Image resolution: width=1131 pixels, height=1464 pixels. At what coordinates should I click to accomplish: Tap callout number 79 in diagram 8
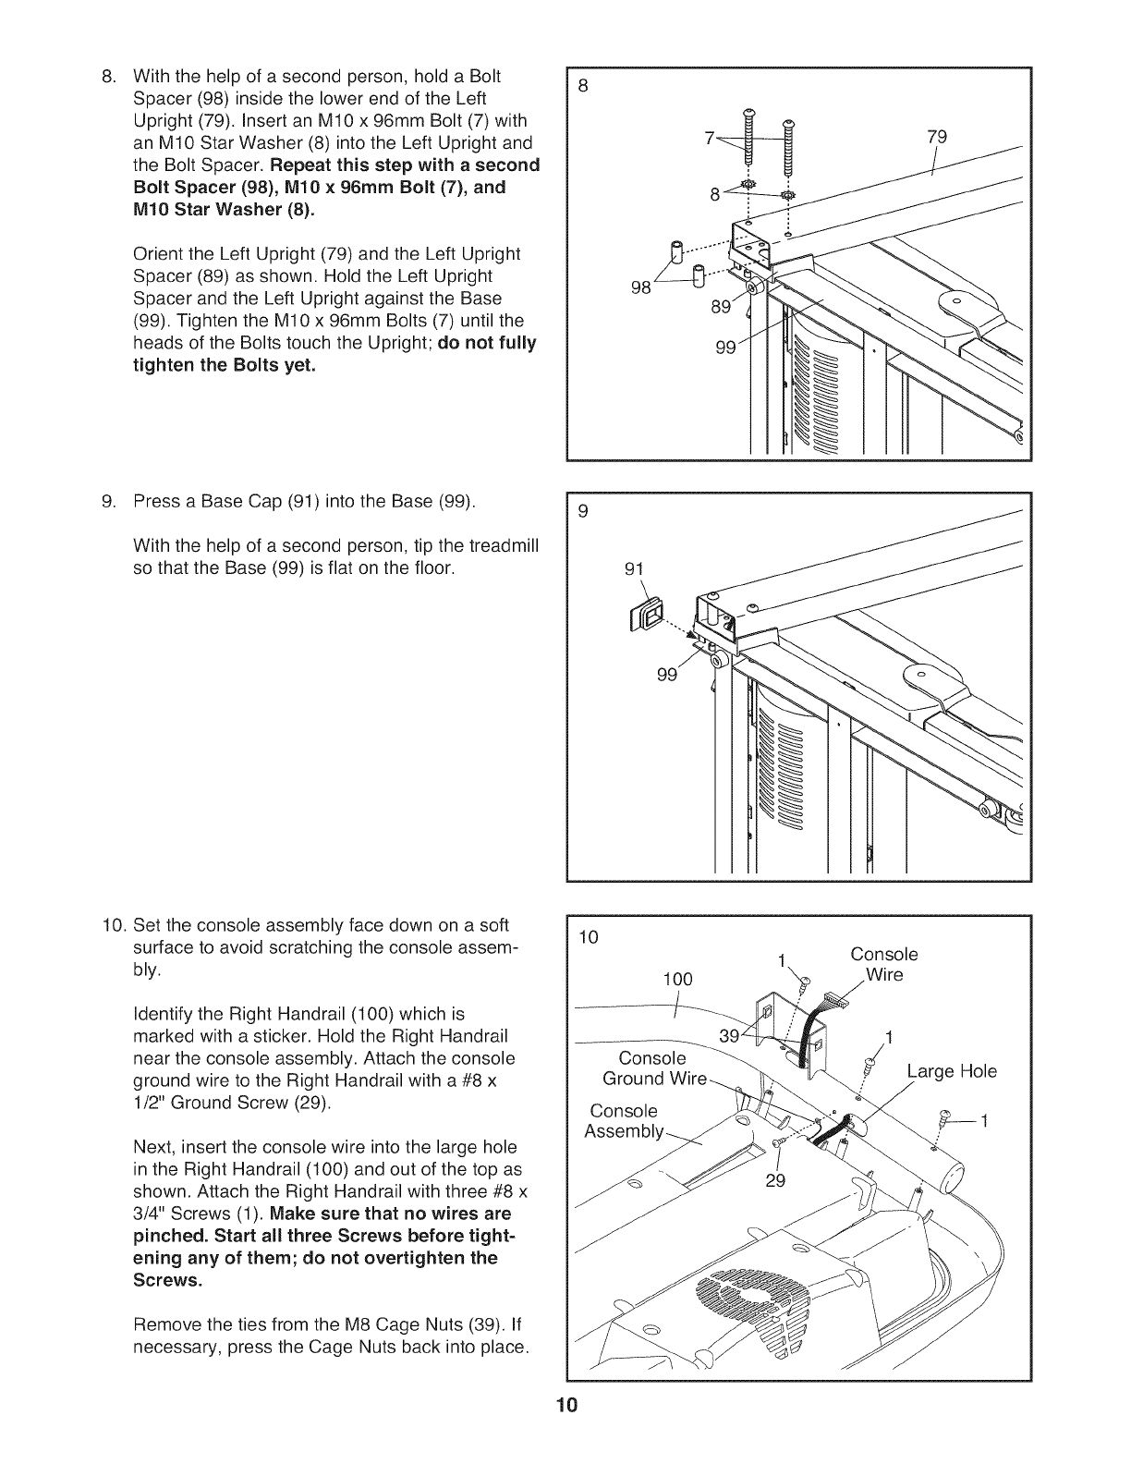(x=938, y=138)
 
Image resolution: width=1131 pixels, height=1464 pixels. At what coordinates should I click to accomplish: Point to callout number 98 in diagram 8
(x=641, y=287)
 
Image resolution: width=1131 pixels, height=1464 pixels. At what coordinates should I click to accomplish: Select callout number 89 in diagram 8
(x=722, y=308)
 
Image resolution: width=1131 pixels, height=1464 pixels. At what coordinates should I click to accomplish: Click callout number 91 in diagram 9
(x=633, y=568)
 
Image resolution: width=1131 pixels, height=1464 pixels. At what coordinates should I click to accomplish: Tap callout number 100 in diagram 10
(x=677, y=979)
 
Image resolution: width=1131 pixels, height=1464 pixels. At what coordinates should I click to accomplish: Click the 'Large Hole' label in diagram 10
(x=952, y=1072)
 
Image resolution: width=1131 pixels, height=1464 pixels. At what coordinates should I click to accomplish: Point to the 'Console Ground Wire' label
(x=654, y=1068)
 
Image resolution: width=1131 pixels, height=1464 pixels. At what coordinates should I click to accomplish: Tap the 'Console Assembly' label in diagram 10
(x=625, y=1121)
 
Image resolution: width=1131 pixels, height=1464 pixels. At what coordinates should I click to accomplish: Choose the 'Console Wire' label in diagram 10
(x=884, y=964)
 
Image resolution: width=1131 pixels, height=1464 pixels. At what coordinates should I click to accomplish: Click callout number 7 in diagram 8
(x=710, y=139)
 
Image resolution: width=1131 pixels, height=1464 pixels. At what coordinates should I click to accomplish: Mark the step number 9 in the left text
(x=106, y=502)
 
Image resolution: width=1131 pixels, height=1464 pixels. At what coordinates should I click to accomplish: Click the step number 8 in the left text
(x=106, y=77)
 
